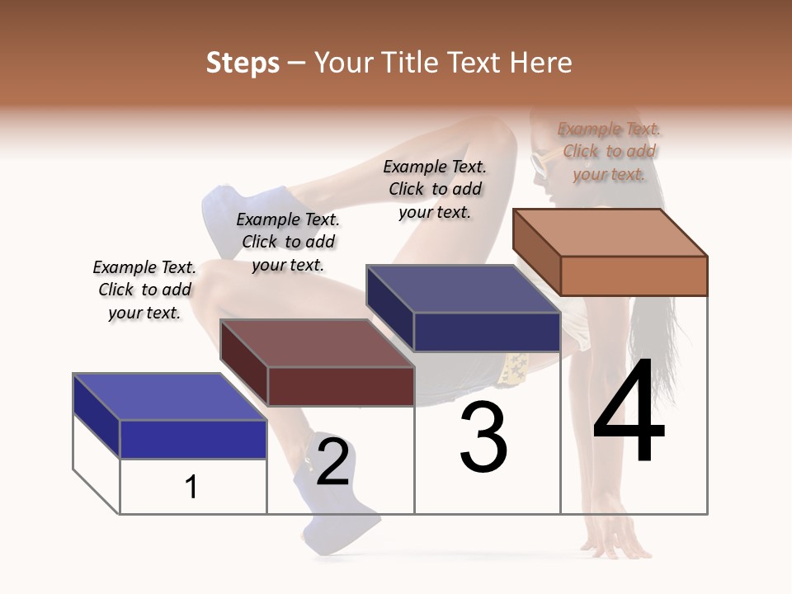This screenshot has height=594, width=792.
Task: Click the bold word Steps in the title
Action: [x=243, y=63]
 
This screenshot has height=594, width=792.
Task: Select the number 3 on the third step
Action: [x=483, y=437]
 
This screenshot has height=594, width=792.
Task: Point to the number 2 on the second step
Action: [x=332, y=462]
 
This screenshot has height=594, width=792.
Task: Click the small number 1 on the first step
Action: [x=191, y=487]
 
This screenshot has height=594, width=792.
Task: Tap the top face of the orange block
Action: [x=609, y=232]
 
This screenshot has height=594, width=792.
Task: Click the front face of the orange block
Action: [x=634, y=276]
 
